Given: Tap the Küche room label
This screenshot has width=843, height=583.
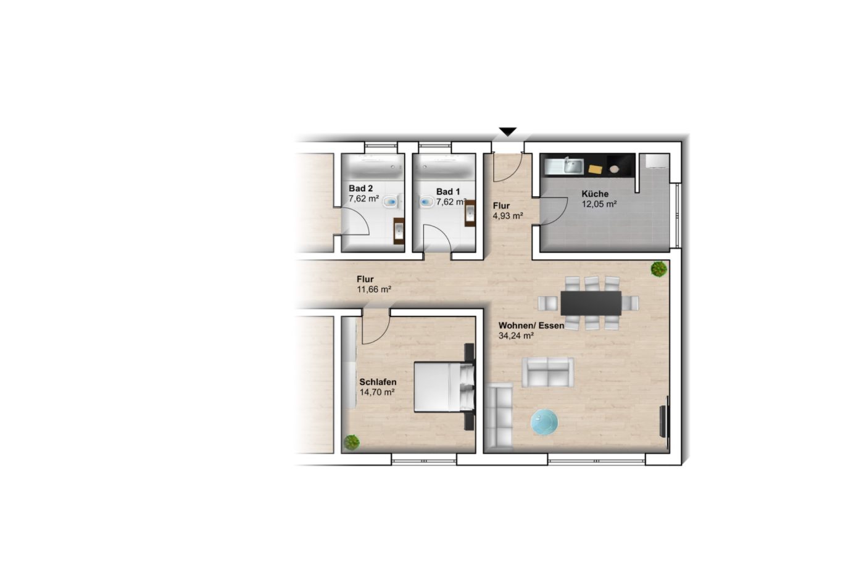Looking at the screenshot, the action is [595, 194].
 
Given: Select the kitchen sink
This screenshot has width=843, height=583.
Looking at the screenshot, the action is [572, 166].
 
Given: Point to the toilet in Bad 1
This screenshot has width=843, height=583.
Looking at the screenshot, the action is [427, 202].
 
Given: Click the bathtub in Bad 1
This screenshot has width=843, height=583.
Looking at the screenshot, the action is [444, 166].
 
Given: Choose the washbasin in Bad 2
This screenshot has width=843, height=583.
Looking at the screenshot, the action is [399, 231].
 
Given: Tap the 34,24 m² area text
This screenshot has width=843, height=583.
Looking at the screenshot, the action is [516, 336].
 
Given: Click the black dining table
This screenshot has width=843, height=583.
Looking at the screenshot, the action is [591, 303].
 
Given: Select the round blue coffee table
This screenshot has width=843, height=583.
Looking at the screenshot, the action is [544, 422].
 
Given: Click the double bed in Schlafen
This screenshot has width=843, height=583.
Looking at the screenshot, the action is [444, 387].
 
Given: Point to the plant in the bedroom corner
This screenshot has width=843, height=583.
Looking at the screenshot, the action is [352, 442].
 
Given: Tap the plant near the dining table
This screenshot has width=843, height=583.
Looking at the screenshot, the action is [659, 268].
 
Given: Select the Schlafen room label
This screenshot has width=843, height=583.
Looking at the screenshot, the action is [378, 382].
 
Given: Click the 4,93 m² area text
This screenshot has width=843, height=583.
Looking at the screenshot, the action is [508, 216].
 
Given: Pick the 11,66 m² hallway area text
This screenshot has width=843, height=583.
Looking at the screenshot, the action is [374, 289].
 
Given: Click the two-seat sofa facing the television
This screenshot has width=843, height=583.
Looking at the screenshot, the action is [547, 373].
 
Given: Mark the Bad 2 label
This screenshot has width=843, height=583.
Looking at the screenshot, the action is [360, 188].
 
